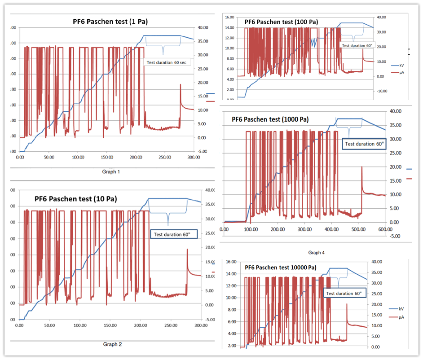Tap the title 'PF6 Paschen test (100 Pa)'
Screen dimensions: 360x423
[281, 22]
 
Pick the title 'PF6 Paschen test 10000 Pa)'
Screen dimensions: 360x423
[281, 268]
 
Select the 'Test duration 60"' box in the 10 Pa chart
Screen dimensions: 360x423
[173, 234]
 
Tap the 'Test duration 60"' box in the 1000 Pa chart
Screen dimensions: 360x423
[364, 144]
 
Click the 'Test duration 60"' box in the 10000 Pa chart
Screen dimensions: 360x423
[344, 293]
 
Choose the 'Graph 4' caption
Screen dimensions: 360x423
[317, 252]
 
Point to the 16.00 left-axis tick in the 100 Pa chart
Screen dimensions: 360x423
[229, 17]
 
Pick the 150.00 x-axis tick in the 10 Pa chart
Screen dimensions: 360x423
[109, 325]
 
